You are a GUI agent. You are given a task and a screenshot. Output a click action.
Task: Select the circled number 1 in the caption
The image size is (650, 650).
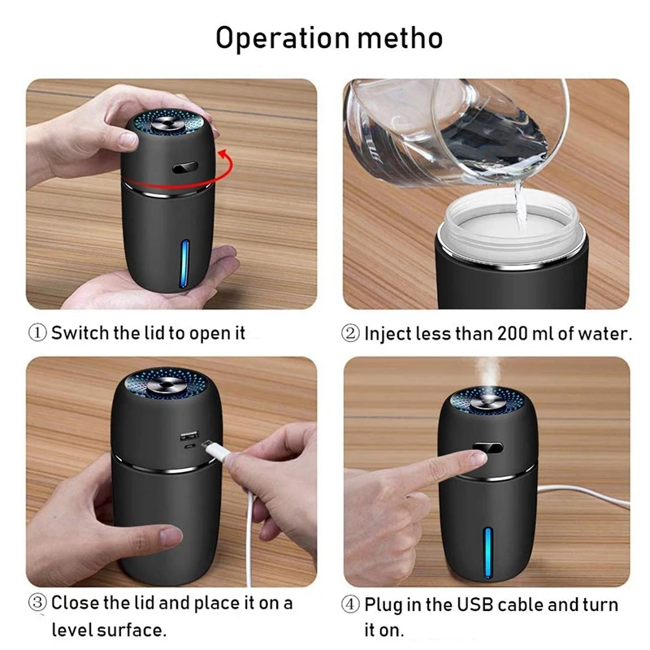click(39, 333)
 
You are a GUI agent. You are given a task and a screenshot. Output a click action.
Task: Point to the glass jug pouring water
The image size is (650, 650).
click(455, 130)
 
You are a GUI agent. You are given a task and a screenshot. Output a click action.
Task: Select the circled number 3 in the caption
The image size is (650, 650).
click(39, 604)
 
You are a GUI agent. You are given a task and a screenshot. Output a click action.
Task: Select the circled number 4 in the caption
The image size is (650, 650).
click(352, 605)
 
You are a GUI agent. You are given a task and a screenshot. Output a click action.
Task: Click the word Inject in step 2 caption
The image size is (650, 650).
click(387, 333)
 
